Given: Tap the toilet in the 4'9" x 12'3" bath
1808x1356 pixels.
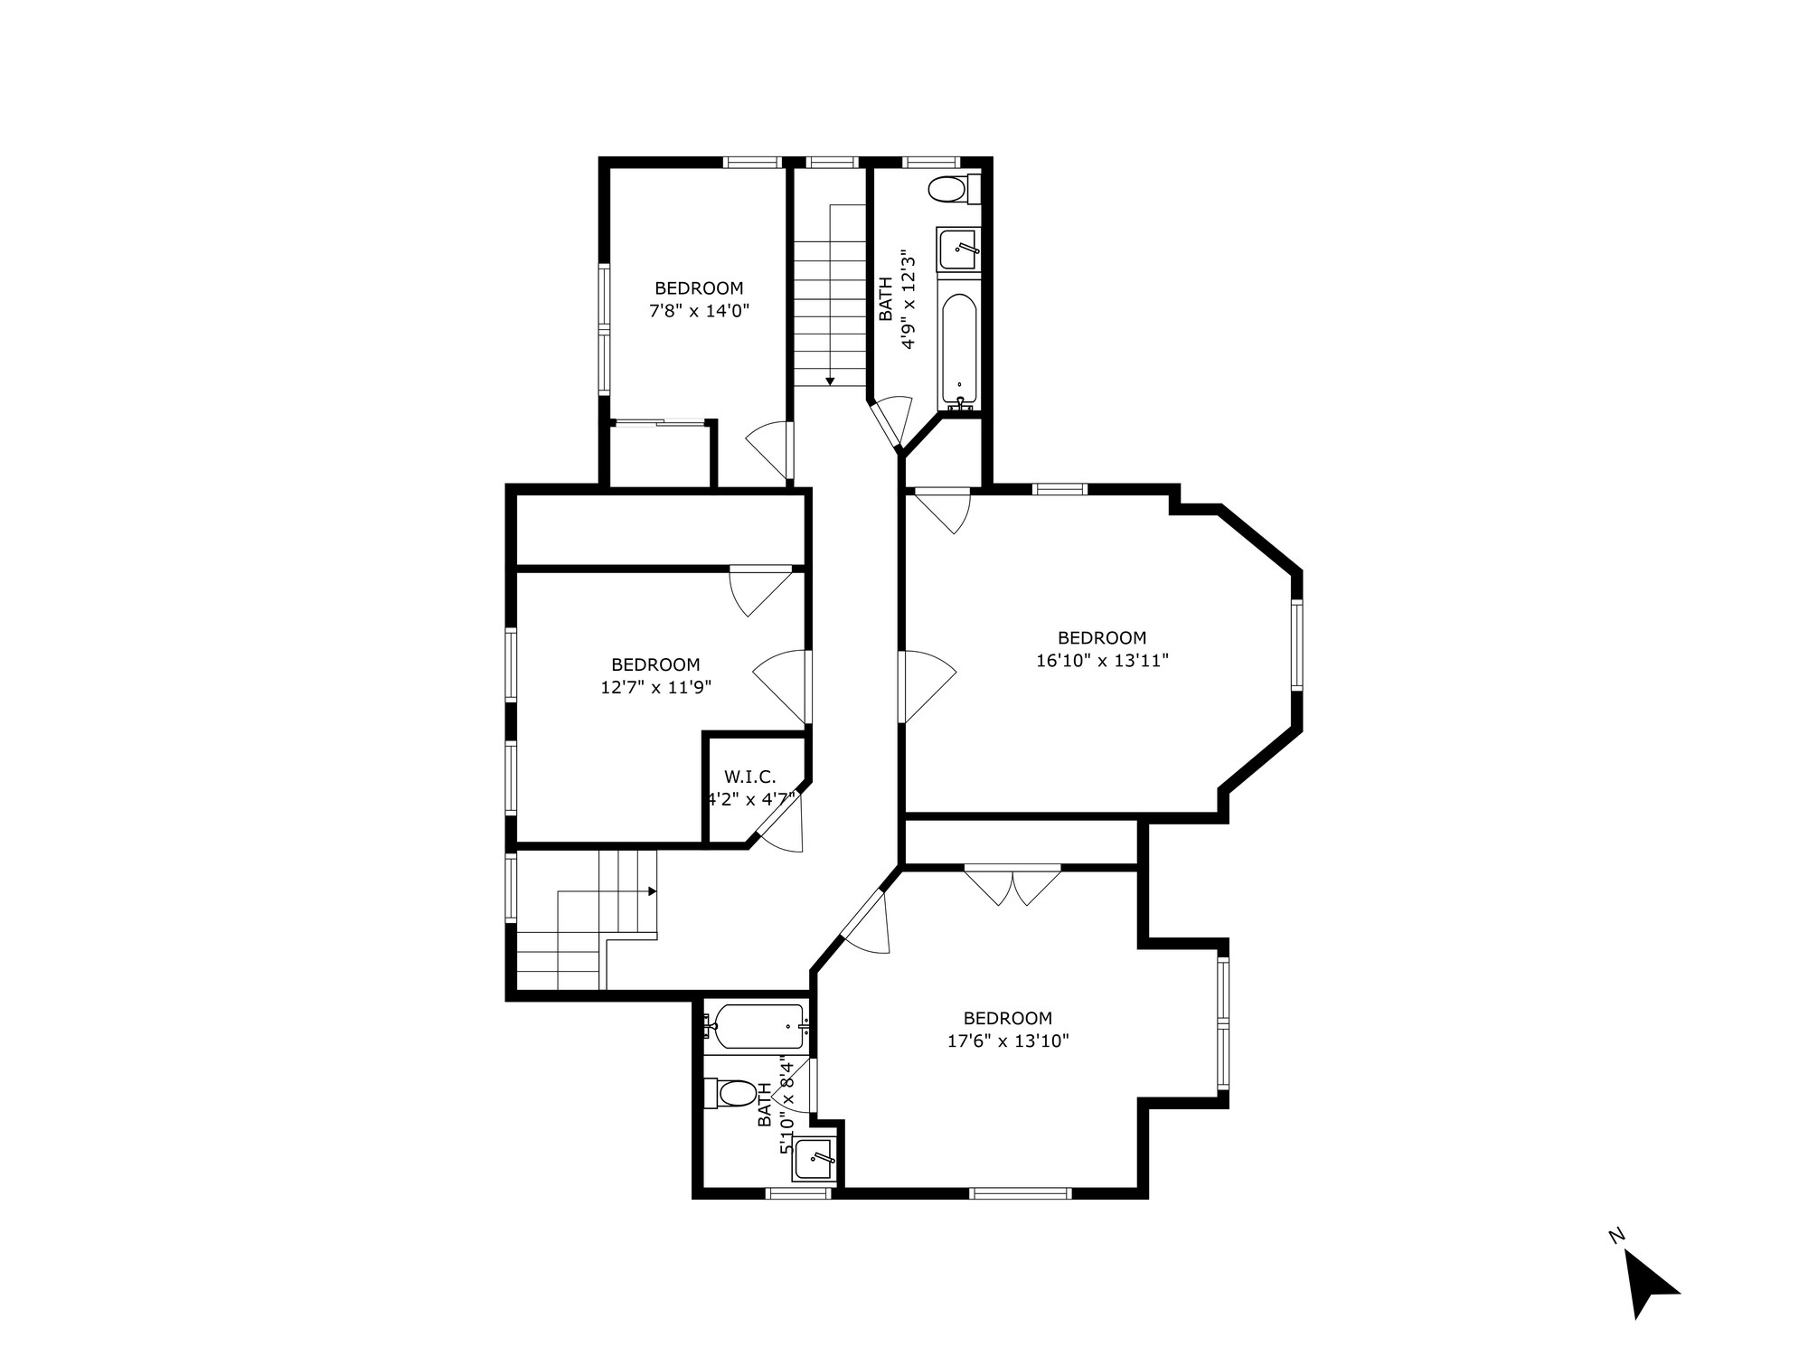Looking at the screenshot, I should coord(952,190).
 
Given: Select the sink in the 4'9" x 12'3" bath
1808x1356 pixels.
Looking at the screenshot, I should coord(958,248).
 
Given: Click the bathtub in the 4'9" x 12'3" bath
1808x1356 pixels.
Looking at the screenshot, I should coord(958,348).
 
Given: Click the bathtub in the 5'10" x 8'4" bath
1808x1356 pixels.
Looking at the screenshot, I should coord(758,1027).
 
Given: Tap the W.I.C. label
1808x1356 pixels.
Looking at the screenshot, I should coord(749,777).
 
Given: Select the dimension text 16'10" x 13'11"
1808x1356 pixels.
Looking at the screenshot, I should coord(1102,661).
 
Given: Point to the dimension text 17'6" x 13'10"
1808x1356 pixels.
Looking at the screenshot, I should coord(1007,1041).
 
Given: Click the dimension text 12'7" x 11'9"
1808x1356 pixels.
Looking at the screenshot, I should coord(655,687).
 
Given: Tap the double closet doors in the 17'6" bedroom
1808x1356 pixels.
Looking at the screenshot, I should coord(1012,885).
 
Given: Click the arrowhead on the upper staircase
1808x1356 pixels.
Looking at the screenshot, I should coord(830,381).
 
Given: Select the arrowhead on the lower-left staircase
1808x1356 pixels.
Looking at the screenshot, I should coord(652,890).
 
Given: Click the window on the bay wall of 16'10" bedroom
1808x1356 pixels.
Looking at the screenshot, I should coord(1296,645).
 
